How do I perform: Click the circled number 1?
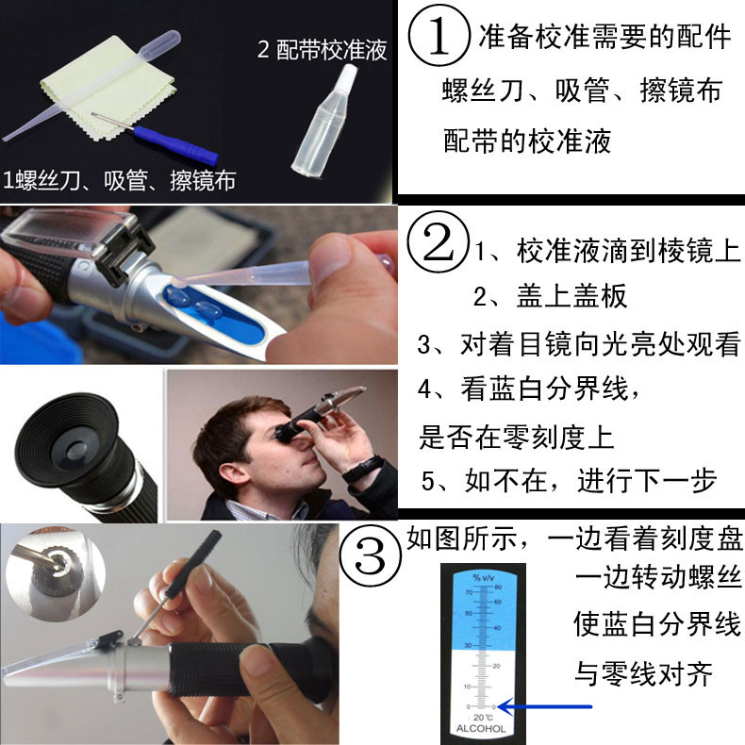coord(439,36)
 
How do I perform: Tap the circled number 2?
coord(439,241)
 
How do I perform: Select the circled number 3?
coord(370,555)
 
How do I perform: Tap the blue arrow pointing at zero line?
coord(544,706)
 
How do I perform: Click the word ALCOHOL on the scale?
coord(481,728)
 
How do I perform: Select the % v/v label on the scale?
coord(483,577)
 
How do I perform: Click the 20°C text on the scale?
coord(483,717)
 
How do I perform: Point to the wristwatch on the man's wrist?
coord(363,469)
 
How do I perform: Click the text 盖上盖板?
coord(572,295)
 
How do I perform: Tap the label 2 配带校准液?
coord(323,49)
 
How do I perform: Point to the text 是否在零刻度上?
coord(517,437)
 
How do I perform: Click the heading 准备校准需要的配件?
coord(604,36)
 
